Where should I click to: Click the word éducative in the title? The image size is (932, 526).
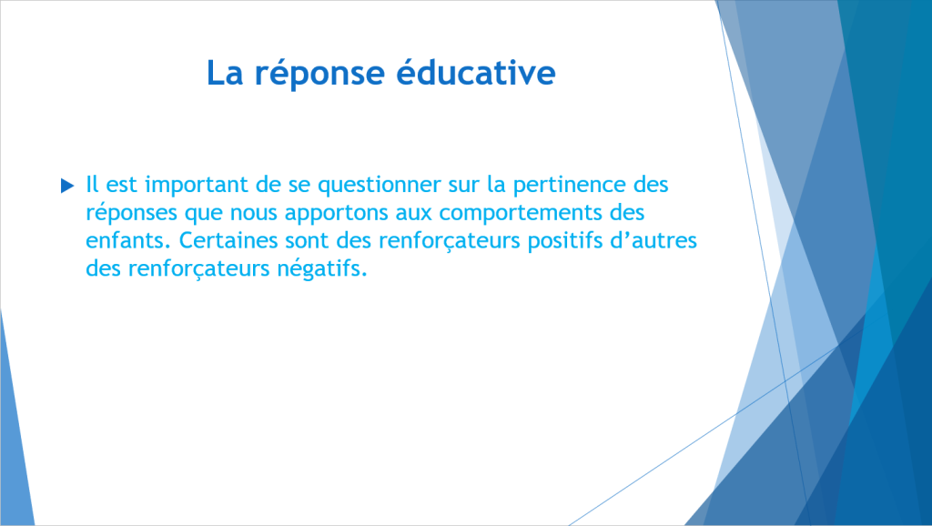tap(475, 72)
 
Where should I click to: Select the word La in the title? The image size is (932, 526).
tap(225, 73)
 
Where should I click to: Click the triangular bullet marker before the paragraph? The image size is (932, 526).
tap(67, 186)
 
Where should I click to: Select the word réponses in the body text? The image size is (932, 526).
tap(131, 213)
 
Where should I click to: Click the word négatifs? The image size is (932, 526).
tap(322, 269)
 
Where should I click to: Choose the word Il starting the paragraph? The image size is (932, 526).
tap(92, 184)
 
